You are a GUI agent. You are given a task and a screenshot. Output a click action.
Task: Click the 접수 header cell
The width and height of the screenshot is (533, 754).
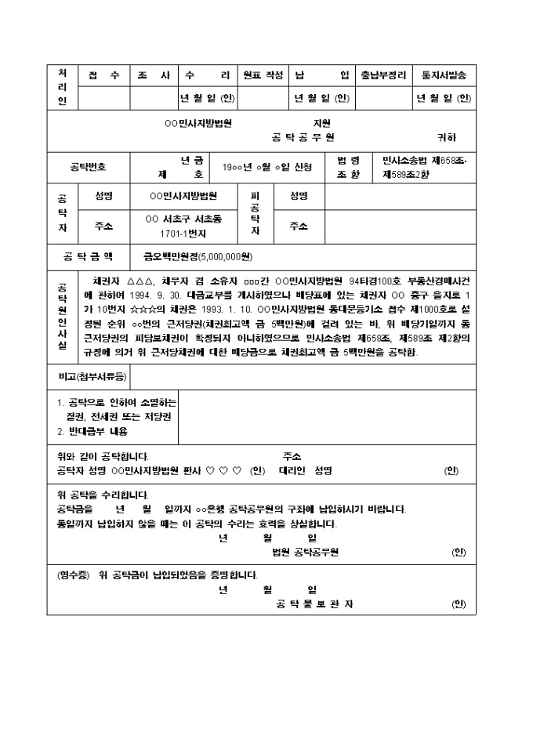(104, 76)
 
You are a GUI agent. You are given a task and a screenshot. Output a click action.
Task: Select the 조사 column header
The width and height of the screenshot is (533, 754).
(154, 76)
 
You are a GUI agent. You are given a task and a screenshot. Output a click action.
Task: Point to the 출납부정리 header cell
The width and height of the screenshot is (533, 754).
(383, 76)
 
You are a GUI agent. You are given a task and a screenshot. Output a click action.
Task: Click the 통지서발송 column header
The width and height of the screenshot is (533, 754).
(444, 76)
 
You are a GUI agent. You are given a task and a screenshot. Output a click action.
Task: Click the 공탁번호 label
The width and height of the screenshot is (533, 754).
(88, 167)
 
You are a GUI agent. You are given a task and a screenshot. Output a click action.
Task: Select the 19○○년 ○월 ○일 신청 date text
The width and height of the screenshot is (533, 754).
(267, 167)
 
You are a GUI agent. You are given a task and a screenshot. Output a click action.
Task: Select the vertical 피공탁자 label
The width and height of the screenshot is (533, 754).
(255, 214)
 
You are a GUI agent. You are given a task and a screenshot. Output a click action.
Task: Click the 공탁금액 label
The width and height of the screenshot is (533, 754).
(88, 256)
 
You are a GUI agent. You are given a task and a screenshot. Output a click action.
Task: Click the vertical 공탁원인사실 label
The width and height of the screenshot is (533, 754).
(63, 316)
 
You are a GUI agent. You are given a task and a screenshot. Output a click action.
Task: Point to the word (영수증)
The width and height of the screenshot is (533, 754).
(74, 575)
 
